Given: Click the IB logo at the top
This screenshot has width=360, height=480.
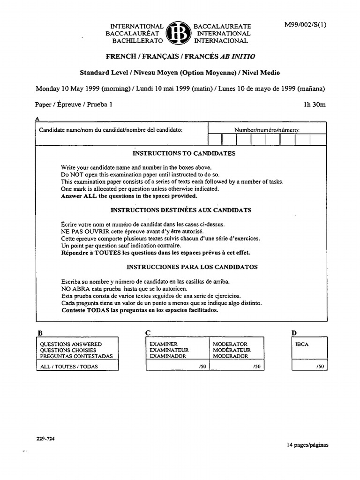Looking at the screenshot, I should tap(179, 34).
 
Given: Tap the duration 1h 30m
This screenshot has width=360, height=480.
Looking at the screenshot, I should tap(315, 105).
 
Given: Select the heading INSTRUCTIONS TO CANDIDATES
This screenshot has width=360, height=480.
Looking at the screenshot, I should tap(184, 153).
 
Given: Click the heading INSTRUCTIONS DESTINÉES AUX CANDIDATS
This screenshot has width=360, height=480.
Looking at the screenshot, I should tap(180, 210).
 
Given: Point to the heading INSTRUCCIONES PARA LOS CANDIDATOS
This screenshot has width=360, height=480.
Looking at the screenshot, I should tap(186, 267).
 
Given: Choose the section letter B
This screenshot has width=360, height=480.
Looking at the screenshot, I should tap(40, 333).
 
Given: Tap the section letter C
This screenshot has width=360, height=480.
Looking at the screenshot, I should tap(148, 333).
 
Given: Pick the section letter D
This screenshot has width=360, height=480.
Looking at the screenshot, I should tap(294, 333).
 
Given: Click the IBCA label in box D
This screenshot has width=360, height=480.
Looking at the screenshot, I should tap(302, 344).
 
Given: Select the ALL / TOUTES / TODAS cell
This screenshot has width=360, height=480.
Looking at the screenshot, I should tap(69, 367).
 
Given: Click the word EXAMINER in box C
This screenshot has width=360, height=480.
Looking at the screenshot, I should tap(164, 344).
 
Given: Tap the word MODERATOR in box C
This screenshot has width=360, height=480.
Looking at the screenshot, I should tap(230, 344).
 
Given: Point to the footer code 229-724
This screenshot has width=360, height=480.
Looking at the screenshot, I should tap(45, 439).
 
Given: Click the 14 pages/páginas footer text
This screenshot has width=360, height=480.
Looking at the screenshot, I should tap(307, 445).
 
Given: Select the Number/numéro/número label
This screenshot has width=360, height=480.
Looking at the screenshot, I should tap(267, 130).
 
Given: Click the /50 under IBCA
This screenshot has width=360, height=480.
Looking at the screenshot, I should tap(320, 367).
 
